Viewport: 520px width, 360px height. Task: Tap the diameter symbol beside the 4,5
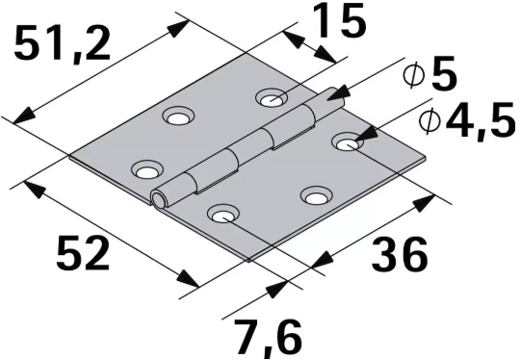point(431,121)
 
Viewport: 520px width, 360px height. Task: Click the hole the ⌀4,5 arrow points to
point(346,143)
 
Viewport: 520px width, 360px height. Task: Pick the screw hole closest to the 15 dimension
point(271,97)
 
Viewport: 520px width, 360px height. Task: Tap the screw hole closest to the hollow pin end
point(145,171)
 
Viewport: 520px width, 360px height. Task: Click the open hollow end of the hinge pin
point(158,198)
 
